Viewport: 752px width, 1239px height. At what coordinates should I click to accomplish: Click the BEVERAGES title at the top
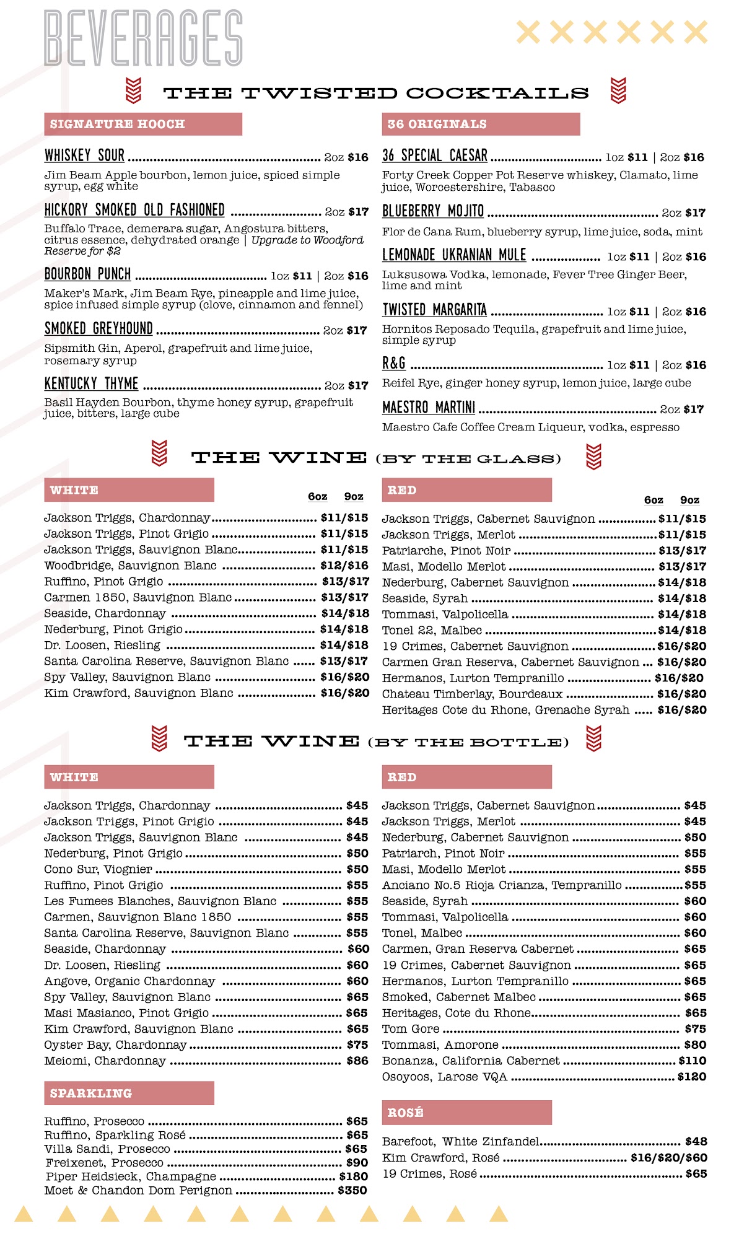tap(143, 38)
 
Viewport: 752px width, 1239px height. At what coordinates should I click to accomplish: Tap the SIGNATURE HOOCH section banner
tap(142, 124)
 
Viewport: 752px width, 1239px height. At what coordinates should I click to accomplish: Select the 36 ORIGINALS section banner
tap(480, 124)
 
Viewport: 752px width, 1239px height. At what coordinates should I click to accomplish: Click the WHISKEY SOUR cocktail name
tap(85, 155)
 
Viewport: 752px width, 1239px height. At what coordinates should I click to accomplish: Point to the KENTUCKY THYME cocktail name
tap(91, 383)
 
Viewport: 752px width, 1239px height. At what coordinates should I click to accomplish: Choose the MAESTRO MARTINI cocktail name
tap(429, 408)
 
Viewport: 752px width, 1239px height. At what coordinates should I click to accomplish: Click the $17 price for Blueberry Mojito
tap(695, 213)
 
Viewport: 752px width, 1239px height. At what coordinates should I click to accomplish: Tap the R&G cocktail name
tap(394, 364)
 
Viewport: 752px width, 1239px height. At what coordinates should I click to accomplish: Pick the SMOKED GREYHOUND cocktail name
tap(98, 328)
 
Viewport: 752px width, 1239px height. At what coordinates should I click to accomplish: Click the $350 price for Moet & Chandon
tap(352, 1190)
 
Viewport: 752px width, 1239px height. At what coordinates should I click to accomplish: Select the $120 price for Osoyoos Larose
tap(692, 1077)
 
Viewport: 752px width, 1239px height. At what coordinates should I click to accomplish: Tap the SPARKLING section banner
tap(129, 1093)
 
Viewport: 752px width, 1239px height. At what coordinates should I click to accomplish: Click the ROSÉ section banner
tap(466, 1113)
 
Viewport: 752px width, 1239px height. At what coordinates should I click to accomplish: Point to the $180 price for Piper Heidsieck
tap(354, 1176)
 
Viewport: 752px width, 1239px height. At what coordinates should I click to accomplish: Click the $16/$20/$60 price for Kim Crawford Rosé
tap(668, 1158)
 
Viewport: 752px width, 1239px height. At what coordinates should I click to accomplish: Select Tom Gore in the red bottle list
tap(411, 1029)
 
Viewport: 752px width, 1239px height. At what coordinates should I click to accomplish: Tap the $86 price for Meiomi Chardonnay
tap(357, 1061)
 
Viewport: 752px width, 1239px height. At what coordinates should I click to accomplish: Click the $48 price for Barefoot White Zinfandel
tap(696, 1142)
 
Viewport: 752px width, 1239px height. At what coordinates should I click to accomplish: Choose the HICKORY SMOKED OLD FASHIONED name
tap(134, 210)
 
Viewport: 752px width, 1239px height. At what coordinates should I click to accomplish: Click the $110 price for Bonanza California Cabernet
tap(693, 1061)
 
